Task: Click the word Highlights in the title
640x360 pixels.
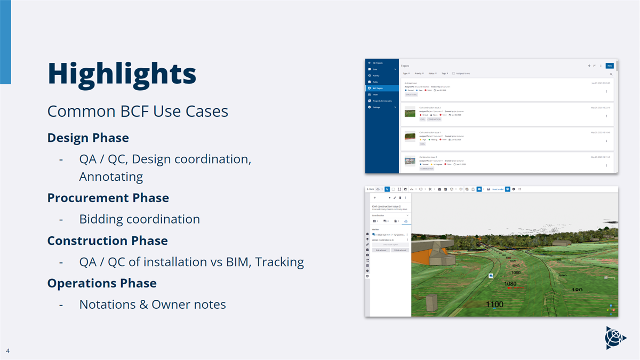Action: [122, 73]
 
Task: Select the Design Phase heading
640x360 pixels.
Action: [88, 138]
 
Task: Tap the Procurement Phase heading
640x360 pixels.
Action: [108, 198]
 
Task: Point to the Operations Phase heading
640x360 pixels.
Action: [102, 283]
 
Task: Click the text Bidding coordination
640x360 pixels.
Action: [139, 219]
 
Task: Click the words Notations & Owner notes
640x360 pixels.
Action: [152, 305]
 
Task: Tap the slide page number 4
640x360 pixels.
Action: [8, 351]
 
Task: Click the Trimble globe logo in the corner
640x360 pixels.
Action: [615, 337]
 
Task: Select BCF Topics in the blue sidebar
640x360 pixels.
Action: [378, 88]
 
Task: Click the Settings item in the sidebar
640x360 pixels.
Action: [377, 107]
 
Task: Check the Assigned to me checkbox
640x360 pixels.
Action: [453, 74]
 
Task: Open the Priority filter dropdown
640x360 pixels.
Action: [419, 74]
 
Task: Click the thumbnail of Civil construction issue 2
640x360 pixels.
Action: [410, 112]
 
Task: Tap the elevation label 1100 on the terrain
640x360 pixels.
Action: [494, 305]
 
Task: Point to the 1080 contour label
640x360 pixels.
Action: [510, 284]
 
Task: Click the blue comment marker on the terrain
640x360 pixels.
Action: [490, 276]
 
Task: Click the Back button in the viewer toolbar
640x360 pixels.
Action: [370, 189]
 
